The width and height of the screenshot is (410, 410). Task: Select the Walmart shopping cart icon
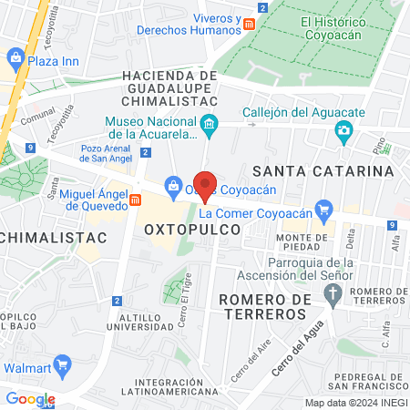click(62, 366)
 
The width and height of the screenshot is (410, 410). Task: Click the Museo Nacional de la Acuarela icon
click(210, 127)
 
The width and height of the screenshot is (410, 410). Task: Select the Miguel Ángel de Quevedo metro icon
click(135, 199)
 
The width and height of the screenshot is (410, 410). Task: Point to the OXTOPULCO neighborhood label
click(192, 231)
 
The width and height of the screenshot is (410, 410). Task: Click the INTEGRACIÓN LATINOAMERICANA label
click(180, 386)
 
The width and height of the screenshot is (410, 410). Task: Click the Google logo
click(30, 398)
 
